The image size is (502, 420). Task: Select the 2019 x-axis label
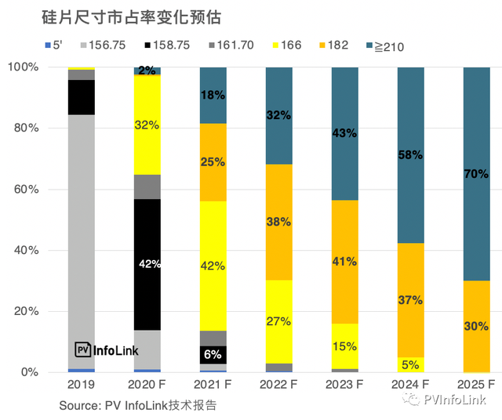click(81, 385)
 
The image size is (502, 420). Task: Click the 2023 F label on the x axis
click(345, 385)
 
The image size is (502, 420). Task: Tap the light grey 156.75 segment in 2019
click(81, 235)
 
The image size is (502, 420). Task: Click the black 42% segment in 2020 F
click(147, 264)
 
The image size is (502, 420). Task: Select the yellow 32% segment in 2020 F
click(147, 125)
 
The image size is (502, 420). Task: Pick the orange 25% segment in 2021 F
click(213, 162)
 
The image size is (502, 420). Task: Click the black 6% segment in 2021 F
click(213, 354)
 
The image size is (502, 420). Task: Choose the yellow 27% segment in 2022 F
click(278, 321)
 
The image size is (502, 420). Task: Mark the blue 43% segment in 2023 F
click(344, 133)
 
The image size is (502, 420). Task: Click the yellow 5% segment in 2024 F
click(410, 364)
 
